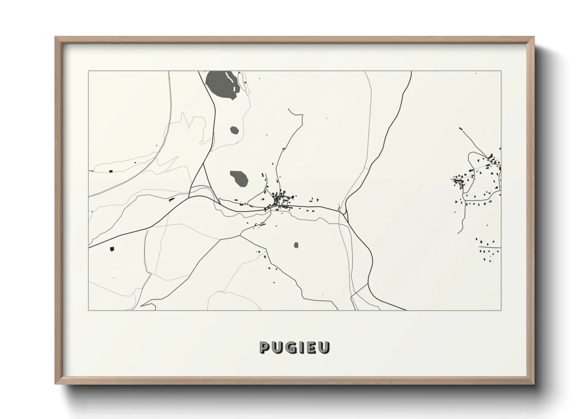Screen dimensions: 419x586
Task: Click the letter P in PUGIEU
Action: coord(265,347)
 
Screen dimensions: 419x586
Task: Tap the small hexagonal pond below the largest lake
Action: coord(235,130)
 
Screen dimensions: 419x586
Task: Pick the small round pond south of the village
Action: coord(297,245)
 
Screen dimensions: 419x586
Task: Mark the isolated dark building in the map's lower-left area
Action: coord(112,249)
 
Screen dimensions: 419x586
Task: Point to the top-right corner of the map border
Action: coord(501,71)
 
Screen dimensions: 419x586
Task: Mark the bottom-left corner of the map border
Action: coord(89,310)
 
